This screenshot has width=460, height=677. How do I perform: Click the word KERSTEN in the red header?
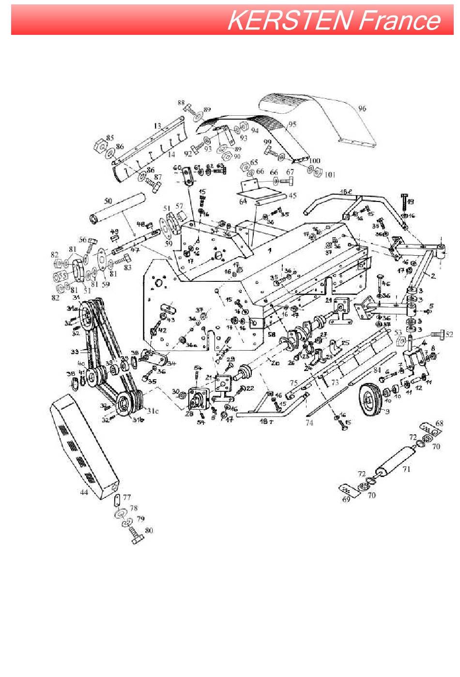(290, 21)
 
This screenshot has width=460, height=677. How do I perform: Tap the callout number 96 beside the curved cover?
(362, 108)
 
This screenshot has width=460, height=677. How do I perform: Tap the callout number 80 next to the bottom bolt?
(149, 530)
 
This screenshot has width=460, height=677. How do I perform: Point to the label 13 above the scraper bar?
(157, 126)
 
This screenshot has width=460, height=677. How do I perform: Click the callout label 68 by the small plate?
(439, 423)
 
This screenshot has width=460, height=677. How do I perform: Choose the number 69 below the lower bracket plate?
(346, 499)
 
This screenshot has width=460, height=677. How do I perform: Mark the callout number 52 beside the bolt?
(450, 334)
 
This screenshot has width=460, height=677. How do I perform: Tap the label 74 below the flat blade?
(309, 423)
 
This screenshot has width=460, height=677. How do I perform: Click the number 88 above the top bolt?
(181, 103)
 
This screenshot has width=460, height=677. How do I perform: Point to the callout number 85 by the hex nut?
(110, 137)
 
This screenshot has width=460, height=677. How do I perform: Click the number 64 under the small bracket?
(243, 201)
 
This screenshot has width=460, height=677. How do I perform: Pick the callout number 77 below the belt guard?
(127, 497)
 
